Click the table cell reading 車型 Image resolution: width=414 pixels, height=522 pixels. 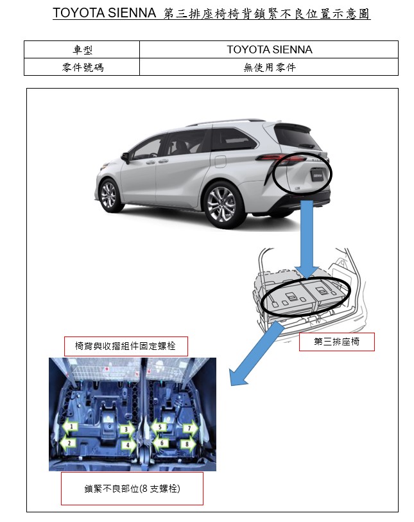pyautogui.click(x=82, y=49)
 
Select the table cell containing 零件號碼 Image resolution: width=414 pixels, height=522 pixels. pyautogui.click(x=82, y=67)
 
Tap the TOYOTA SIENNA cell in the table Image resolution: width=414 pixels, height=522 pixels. pyautogui.click(x=269, y=49)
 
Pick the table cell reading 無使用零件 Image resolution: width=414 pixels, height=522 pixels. pyautogui.click(x=269, y=67)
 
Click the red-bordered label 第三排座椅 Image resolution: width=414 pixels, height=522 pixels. pyautogui.click(x=337, y=342)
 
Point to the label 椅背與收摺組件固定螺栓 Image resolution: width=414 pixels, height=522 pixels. pyautogui.click(x=126, y=346)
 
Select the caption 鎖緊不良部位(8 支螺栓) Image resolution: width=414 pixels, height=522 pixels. pyautogui.click(x=132, y=489)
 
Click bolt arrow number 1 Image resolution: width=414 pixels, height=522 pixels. pyautogui.click(x=70, y=427)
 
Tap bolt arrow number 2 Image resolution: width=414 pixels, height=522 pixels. pyautogui.click(x=68, y=444)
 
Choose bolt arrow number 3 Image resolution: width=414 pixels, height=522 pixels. pyautogui.click(x=128, y=430)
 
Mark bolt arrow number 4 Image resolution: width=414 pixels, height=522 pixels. pyautogui.click(x=129, y=445)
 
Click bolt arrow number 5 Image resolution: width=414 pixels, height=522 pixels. pyautogui.click(x=159, y=427)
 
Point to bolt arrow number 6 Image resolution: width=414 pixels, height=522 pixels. pyautogui.click(x=160, y=443)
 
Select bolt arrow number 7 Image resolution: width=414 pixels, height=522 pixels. pyautogui.click(x=191, y=428)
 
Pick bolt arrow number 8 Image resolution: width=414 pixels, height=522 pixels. pyautogui.click(x=188, y=444)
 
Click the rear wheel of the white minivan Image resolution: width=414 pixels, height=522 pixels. pyautogui.click(x=222, y=204)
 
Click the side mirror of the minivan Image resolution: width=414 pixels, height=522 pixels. pyautogui.click(x=125, y=157)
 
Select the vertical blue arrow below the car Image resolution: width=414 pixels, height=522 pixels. pyautogui.click(x=307, y=239)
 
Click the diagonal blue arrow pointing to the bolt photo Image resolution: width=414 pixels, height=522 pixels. pyautogui.click(x=255, y=356)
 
